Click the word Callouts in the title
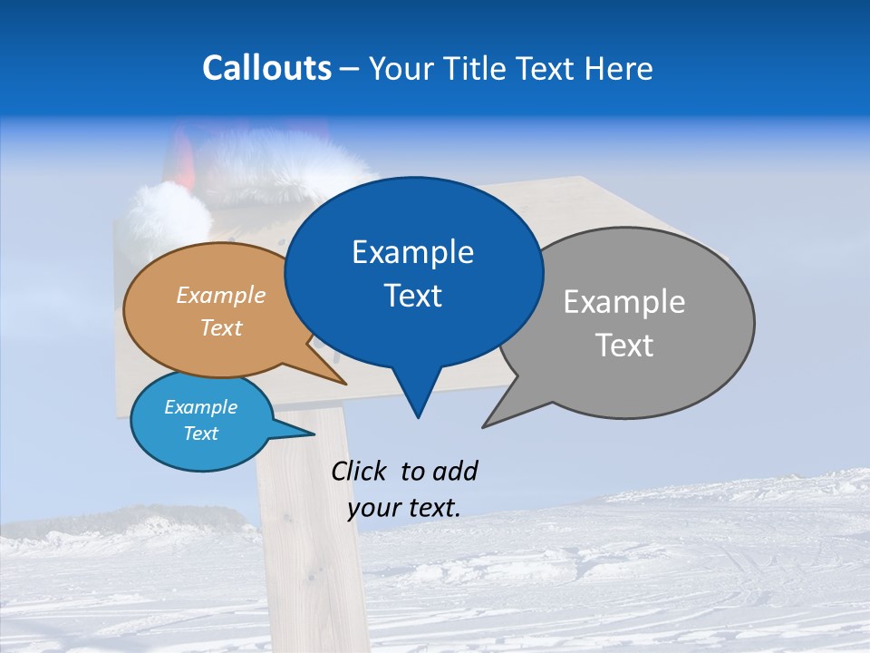(266, 68)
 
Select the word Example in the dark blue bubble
(412, 252)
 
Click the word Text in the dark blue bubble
(412, 296)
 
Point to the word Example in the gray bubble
(624, 302)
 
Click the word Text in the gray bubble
(624, 346)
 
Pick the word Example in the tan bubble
(221, 295)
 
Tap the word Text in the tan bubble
(221, 327)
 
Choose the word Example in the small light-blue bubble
(201, 407)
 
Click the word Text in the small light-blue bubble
(201, 434)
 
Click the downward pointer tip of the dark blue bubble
(418, 415)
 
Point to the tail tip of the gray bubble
(486, 424)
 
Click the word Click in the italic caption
(360, 471)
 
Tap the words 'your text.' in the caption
(404, 508)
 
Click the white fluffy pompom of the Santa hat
(167, 218)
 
